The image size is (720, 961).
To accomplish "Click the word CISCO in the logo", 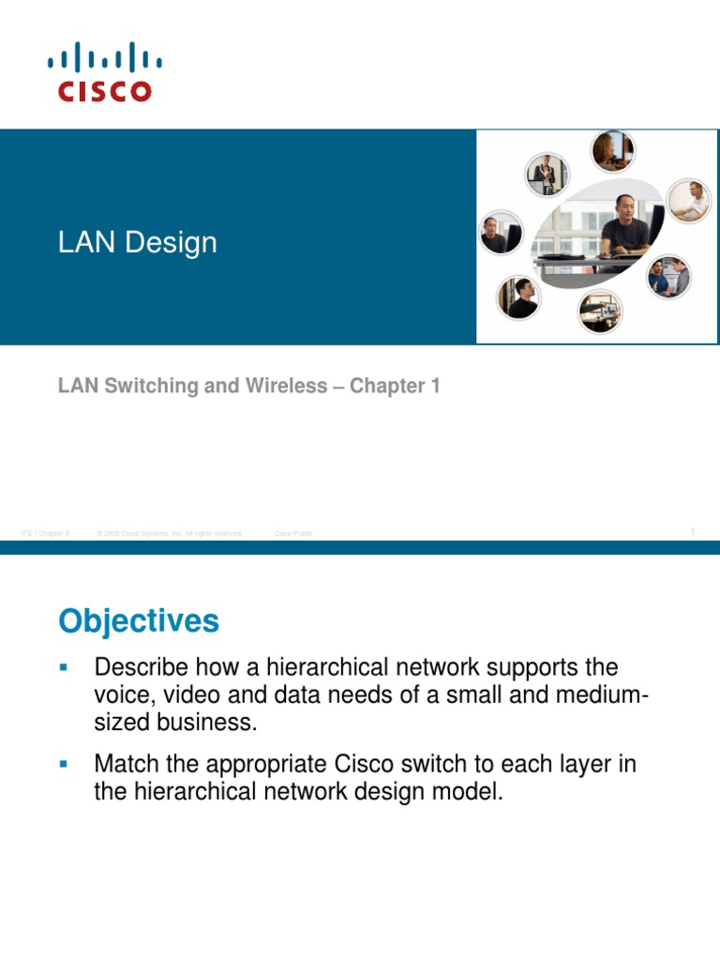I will tap(104, 91).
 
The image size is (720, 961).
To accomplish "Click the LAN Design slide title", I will tap(137, 242).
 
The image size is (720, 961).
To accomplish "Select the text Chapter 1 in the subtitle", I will tap(395, 386).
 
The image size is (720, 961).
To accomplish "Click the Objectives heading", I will tap(139, 620).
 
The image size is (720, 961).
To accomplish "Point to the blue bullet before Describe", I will tap(64, 667).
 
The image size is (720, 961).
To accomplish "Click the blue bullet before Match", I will tap(64, 764).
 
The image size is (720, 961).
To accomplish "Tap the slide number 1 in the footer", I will tap(693, 532).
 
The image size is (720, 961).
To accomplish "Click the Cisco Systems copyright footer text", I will tap(170, 533).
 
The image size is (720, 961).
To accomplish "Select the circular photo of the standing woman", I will tap(547, 175).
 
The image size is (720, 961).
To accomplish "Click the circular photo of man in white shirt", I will tap(689, 201).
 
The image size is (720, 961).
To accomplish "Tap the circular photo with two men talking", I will tap(669, 276).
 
